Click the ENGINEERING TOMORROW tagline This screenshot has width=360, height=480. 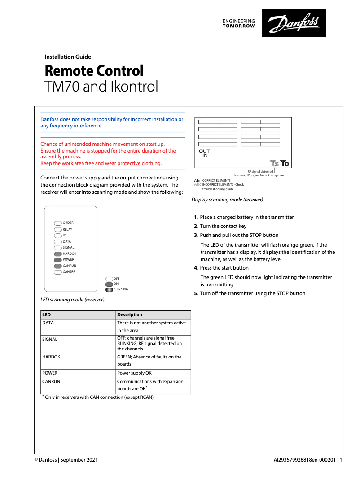point(239,24)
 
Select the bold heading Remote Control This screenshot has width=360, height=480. point(94,71)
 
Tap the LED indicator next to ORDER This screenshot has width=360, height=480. point(57,223)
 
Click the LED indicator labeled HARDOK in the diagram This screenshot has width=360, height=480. point(57,253)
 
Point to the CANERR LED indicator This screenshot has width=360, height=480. point(57,272)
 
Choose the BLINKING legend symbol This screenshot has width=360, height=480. point(109,289)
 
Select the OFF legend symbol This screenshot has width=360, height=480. point(109,279)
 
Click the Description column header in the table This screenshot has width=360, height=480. point(129,314)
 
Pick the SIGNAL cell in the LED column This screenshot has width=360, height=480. point(50,339)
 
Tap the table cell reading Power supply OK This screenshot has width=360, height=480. point(134,373)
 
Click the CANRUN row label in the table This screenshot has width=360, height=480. point(51,381)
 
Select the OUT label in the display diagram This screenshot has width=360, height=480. point(204,151)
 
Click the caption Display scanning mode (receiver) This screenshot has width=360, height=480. point(227,199)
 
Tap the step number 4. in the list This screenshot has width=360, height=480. point(196,268)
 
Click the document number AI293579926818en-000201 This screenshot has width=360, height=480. point(305,460)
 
